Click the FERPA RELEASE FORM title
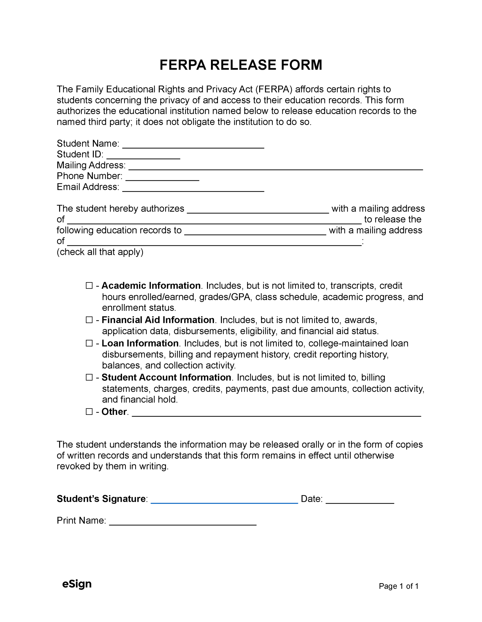pos(241,65)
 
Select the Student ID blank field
pos(144,155)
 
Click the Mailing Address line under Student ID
pos(275,166)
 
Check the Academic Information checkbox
pos(89,285)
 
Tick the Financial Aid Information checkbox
pos(89,320)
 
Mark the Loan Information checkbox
pos(89,343)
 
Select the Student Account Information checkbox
pos(89,377)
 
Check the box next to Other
pos(89,412)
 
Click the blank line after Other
pos(276,413)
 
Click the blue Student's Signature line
pos(224,500)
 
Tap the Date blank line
pos(360,500)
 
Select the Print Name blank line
pos(183,522)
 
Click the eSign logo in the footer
pos(77,584)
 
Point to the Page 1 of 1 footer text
pos(399,586)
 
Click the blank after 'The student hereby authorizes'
pos(258,210)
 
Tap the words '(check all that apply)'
pos(100,252)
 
